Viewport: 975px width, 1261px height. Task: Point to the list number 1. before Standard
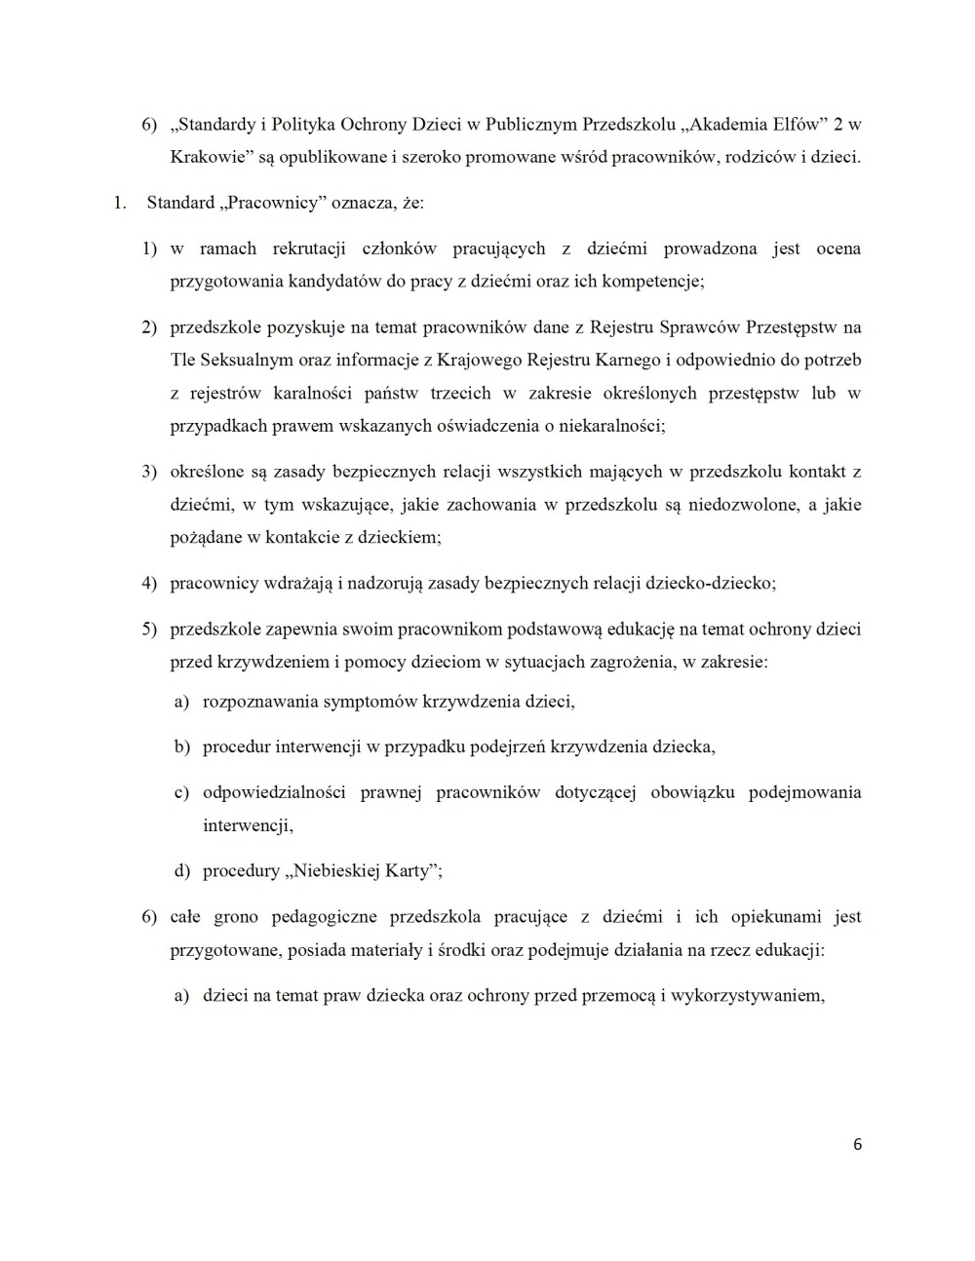[120, 204]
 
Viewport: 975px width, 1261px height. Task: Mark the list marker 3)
[149, 472]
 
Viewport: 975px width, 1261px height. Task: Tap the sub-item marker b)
[181, 747]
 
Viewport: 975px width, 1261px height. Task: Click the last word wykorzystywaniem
[747, 996]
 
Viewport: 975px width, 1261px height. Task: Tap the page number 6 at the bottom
[857, 1145]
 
